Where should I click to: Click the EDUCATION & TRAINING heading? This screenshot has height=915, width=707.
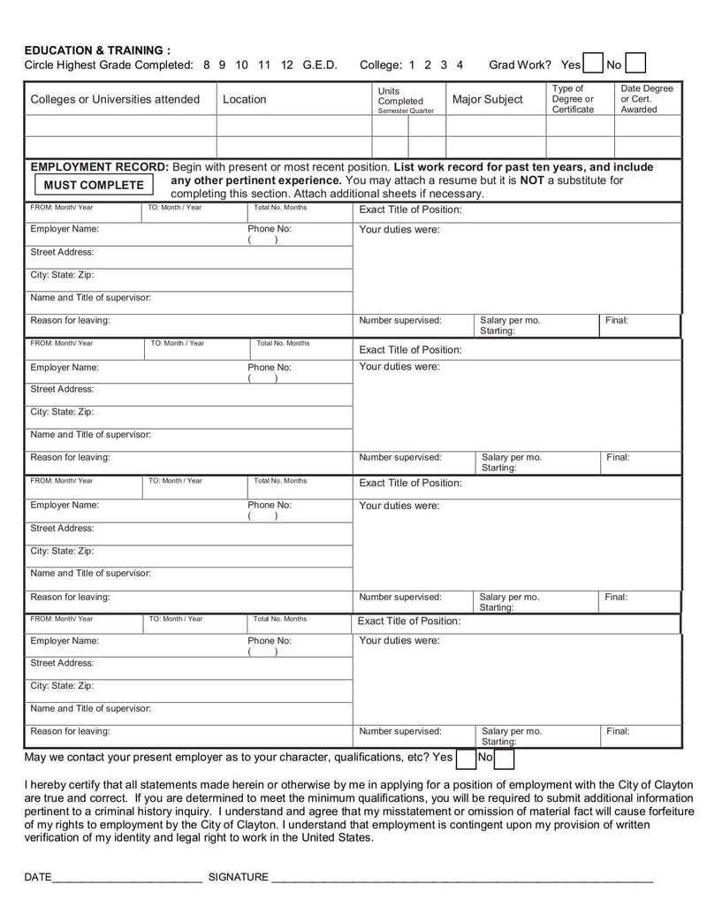coord(97,50)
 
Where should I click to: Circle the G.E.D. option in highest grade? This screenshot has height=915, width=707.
coord(319,65)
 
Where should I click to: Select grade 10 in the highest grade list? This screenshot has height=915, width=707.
coord(242,65)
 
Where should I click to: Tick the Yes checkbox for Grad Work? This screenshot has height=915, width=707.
coord(592,64)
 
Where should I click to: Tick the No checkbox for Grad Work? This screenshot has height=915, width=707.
coord(635,64)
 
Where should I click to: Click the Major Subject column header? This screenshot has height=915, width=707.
coord(487,99)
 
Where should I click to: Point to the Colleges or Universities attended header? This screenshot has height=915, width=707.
coord(115,99)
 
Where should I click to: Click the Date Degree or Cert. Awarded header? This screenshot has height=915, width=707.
coord(646,99)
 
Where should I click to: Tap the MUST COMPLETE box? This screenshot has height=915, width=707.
coord(94,185)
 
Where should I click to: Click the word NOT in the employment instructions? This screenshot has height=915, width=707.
coord(531,180)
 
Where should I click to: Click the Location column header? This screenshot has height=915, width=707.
coord(244,99)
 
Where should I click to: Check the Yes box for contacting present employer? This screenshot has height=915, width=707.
coord(466,758)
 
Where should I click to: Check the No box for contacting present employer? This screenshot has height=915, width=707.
coord(504,758)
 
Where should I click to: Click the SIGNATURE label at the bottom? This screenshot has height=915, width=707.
coord(238,877)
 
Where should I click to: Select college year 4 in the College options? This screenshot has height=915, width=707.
coord(460,65)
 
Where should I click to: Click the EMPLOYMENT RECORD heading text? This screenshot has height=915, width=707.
coord(99,167)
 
